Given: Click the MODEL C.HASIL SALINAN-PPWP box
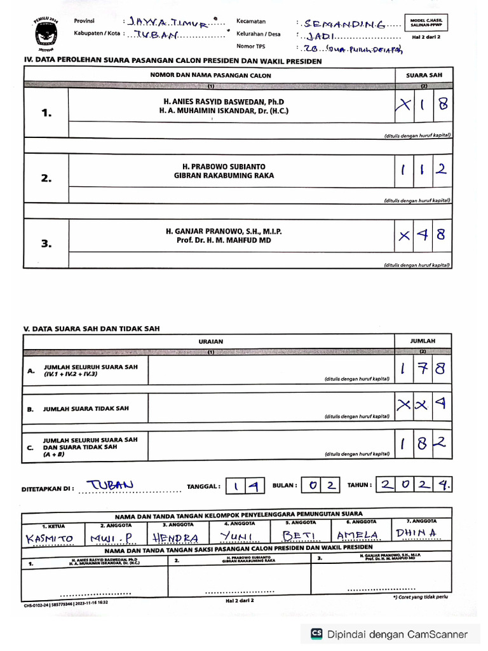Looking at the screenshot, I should pos(427,23).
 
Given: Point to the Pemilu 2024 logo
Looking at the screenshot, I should pos(46,32).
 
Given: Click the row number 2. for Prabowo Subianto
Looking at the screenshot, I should pos(46,179).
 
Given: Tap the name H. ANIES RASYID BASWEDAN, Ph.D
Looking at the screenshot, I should pos(224,102).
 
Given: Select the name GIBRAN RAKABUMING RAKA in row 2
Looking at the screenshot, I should pos(224,175).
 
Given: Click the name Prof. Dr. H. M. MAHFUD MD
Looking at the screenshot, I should pos(224,241).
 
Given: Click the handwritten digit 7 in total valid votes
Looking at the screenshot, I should pos(423,369).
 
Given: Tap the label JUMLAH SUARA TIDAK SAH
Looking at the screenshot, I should pos(86,409).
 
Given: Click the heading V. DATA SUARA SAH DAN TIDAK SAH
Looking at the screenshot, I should pos(91,329).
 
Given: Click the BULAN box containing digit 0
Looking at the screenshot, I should pos(311,485).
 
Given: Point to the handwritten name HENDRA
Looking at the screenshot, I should pos(175,538).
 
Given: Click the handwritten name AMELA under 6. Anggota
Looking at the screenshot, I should pos(358,536).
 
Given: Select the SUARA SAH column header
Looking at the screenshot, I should pos(424,75).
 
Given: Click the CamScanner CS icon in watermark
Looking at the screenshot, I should pos(316,634).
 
